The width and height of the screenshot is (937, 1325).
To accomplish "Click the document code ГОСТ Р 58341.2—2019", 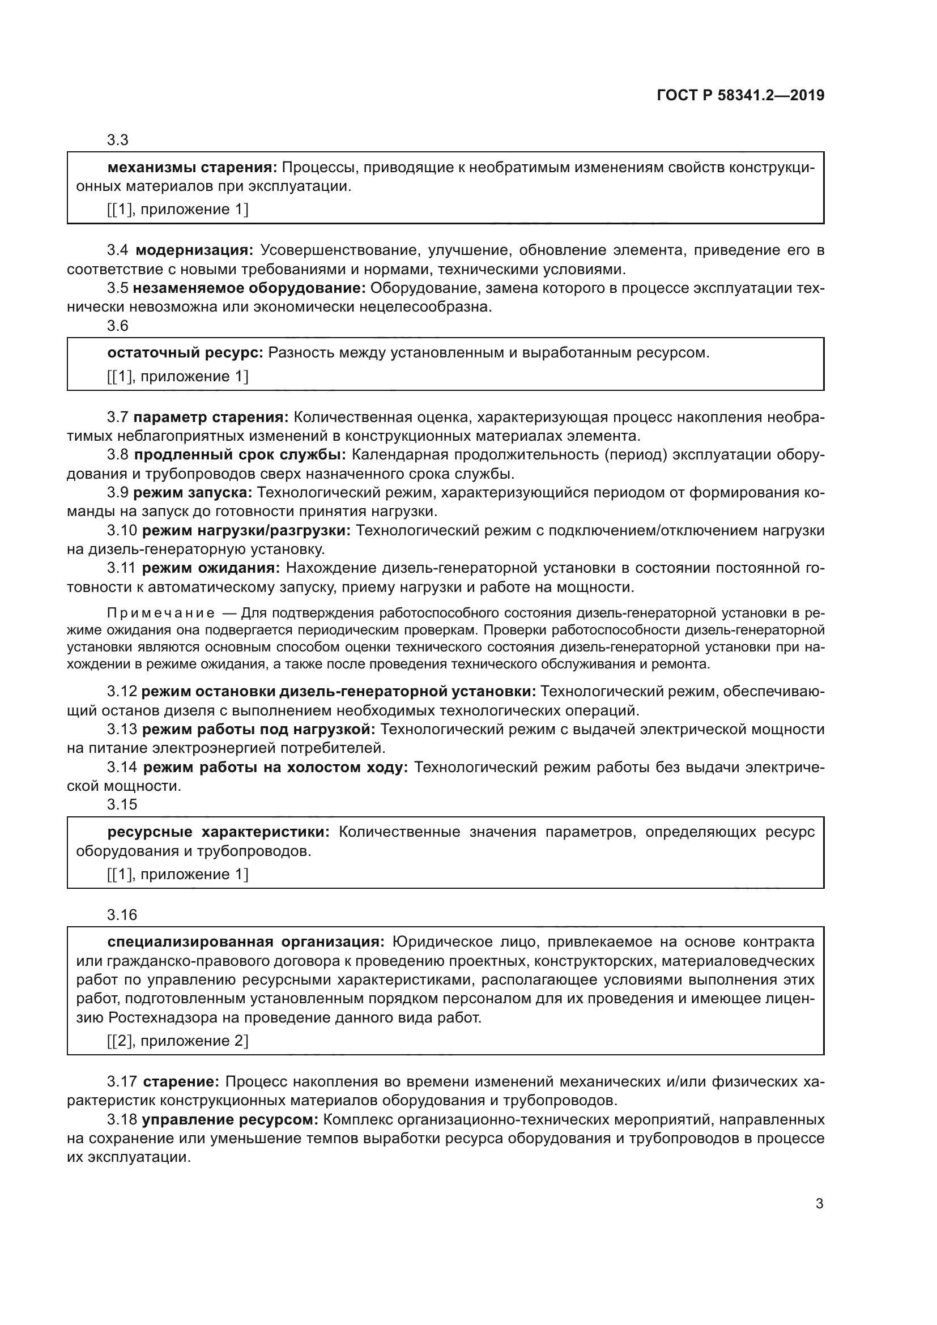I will [x=740, y=95].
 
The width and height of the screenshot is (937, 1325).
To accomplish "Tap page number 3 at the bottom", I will [x=819, y=1204].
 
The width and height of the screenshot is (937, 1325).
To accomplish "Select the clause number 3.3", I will [x=118, y=140].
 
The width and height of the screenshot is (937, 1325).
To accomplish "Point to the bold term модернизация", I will [x=194, y=250].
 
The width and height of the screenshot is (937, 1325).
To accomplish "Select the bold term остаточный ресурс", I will [x=185, y=352].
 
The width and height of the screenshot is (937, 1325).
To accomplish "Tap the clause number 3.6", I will [x=118, y=326].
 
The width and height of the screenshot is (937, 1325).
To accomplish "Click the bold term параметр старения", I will [x=211, y=417].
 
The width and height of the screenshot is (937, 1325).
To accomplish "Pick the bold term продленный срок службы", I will [x=240, y=455].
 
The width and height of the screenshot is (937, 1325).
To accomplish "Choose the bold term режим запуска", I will [x=192, y=492].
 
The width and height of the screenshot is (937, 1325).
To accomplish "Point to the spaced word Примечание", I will [x=161, y=613].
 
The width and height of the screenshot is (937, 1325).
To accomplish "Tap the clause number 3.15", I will [x=122, y=804].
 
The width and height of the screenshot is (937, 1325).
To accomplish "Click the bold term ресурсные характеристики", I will [x=218, y=832].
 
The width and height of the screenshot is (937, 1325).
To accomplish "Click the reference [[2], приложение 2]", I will [x=178, y=1041].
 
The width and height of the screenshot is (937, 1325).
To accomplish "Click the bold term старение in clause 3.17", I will [x=181, y=1082].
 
